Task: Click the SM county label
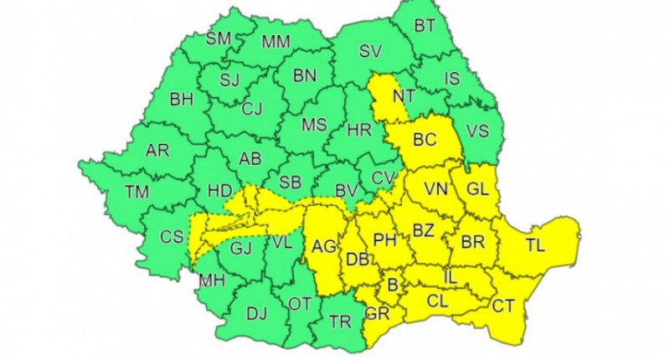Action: (x=219, y=39)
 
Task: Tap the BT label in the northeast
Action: (x=425, y=26)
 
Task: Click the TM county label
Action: (x=137, y=192)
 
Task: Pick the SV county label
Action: (x=370, y=51)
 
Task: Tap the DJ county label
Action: (x=256, y=315)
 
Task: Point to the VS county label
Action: (x=477, y=131)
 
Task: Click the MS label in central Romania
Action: (x=314, y=125)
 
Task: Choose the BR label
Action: (x=473, y=243)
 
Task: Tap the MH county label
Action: (x=210, y=280)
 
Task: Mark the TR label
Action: (x=339, y=321)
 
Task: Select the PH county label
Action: (x=384, y=241)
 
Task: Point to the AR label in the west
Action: (x=157, y=151)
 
